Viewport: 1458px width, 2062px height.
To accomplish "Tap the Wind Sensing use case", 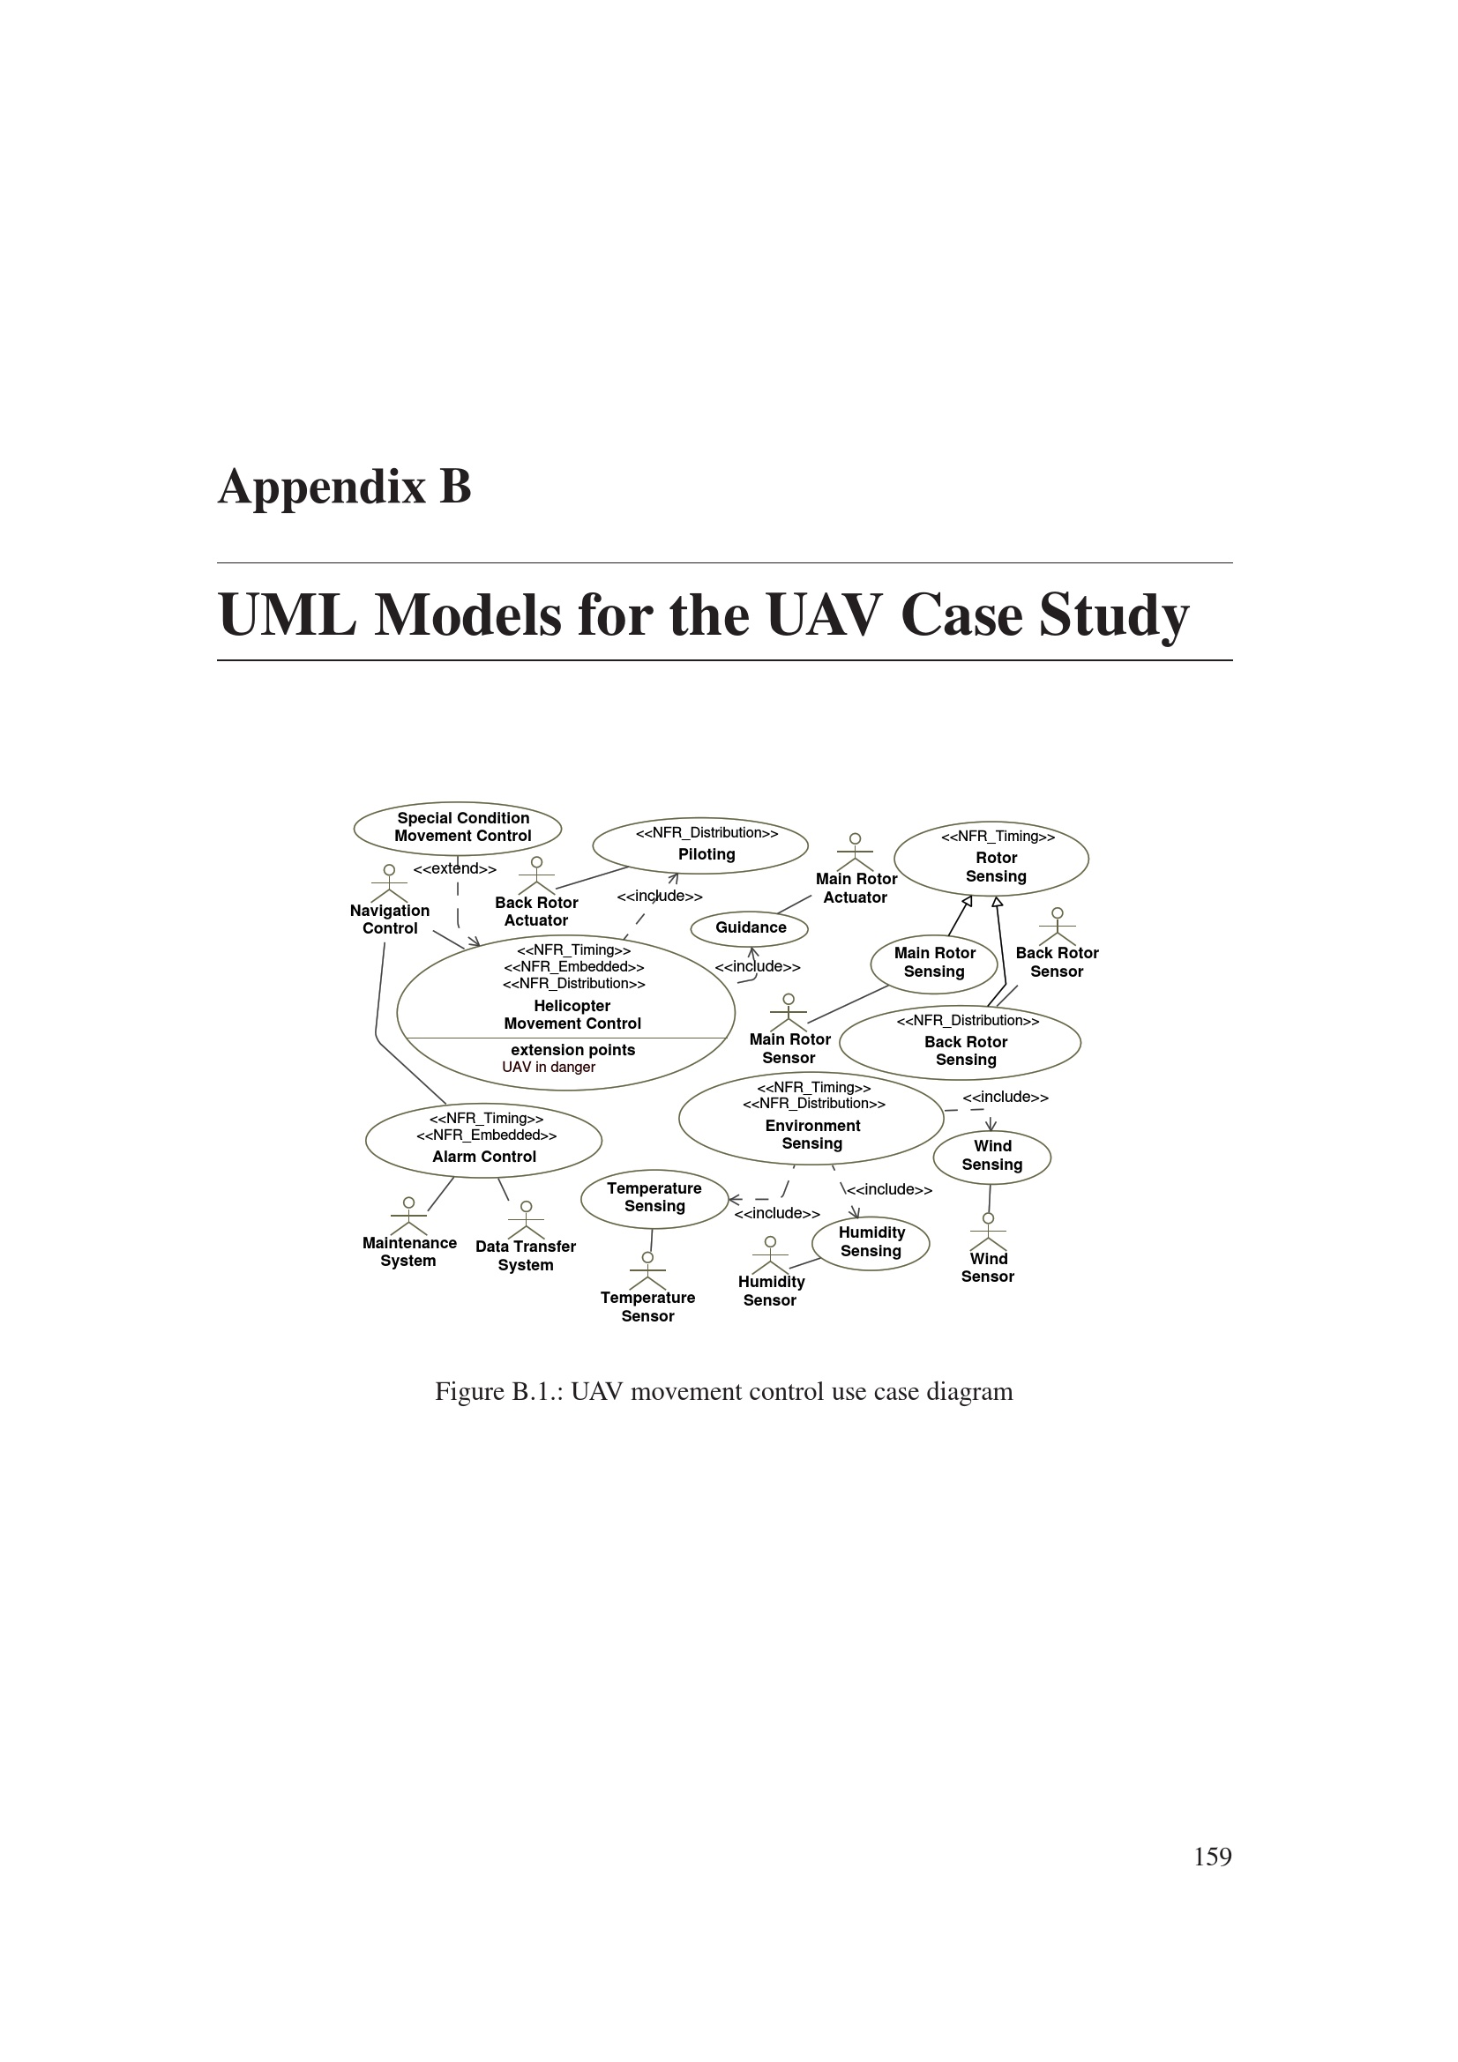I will (x=991, y=1156).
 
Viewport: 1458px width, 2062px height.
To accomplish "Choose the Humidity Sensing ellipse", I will (x=870, y=1243).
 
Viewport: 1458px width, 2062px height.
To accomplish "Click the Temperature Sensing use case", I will (x=654, y=1198).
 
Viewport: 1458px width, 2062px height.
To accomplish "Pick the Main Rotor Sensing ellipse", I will (x=933, y=963).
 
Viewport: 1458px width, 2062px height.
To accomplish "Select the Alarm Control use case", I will (x=483, y=1140).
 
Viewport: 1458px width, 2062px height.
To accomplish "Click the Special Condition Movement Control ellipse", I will (x=457, y=827).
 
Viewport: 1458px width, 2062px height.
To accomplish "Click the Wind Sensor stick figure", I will (x=988, y=1232).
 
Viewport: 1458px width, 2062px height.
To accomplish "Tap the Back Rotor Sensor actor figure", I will (x=1058, y=926).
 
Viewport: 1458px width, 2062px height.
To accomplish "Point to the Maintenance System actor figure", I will (x=408, y=1216).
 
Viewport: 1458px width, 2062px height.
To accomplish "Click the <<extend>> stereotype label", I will (x=454, y=869).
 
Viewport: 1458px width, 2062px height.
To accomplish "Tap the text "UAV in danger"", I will (x=548, y=1067).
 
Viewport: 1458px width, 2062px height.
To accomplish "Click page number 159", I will (x=1212, y=1857).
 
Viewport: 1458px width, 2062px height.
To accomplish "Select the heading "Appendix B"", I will (x=344, y=487).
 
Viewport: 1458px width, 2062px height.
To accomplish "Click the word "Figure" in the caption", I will (x=470, y=1391).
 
